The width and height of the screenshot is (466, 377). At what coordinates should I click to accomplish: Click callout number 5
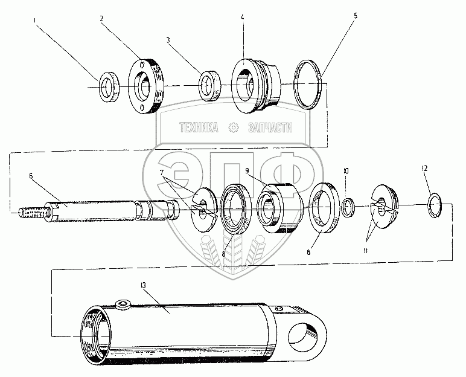tap(356, 16)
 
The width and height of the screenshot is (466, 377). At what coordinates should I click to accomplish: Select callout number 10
tap(345, 171)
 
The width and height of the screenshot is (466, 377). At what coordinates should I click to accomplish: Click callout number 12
tap(425, 168)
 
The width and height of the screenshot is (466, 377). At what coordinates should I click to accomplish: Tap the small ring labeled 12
tap(435, 205)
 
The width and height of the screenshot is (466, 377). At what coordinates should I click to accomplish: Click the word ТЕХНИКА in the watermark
tap(198, 128)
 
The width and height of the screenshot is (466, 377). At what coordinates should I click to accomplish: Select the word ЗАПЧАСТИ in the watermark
tap(269, 128)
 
